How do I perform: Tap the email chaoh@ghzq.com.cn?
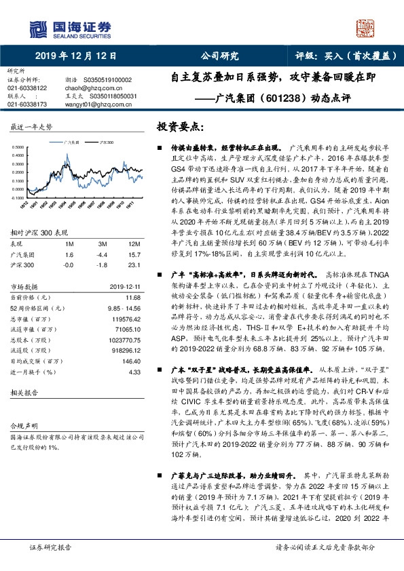[x=80, y=88]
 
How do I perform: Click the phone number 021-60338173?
[x=27, y=104]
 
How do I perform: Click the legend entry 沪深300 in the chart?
[x=107, y=143]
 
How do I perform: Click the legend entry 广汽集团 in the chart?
[x=71, y=143]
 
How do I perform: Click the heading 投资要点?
[x=180, y=126]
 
